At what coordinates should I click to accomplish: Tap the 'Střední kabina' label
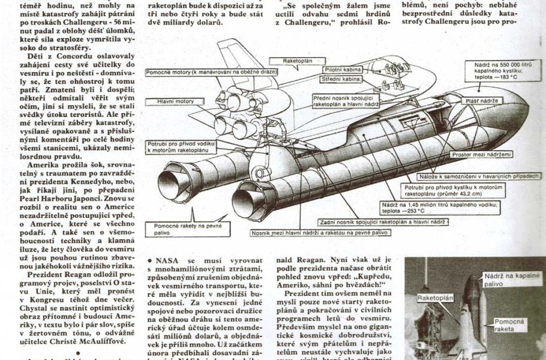click(x=341, y=79)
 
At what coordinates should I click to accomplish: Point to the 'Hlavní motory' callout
click(x=176, y=101)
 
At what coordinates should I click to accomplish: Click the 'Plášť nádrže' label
click(x=483, y=101)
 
